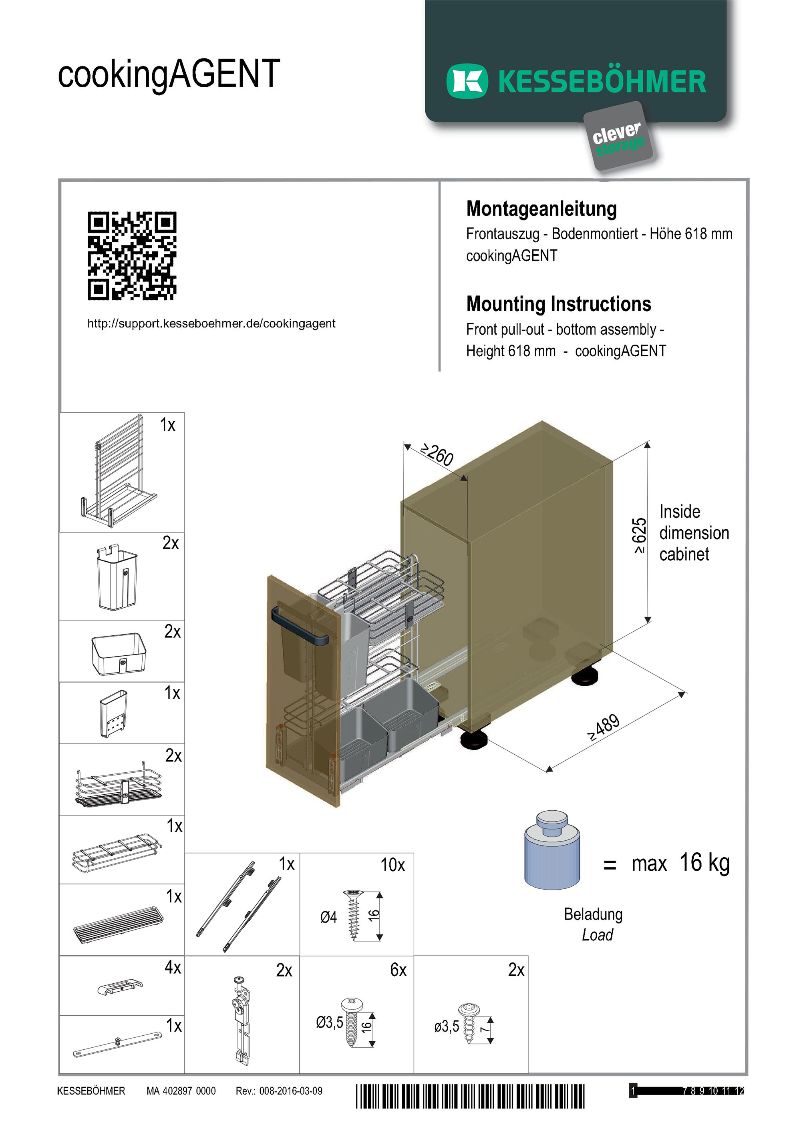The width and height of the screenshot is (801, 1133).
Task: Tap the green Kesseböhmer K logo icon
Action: click(467, 81)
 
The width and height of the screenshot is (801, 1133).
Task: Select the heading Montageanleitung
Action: click(541, 209)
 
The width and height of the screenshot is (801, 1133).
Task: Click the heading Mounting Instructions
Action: click(558, 304)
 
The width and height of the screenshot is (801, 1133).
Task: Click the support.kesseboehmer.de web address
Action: click(211, 324)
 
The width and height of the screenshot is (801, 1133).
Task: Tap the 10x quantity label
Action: click(392, 865)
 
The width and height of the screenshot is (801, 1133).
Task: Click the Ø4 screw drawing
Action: click(353, 915)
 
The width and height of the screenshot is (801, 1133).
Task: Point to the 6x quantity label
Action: click(398, 970)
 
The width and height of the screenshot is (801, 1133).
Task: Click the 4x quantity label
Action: click(173, 967)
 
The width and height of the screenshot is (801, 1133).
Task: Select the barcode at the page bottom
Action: click(470, 1097)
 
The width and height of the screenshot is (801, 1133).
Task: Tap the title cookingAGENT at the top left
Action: click(169, 74)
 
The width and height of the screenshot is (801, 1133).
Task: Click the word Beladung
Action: click(593, 914)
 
